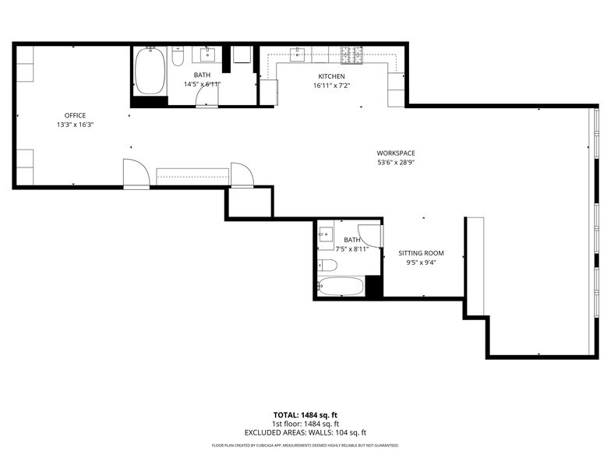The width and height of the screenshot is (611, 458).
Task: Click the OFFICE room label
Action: (x=75, y=115)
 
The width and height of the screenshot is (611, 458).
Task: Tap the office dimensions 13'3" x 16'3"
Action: (x=75, y=125)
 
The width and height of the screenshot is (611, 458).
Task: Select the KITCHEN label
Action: (x=330, y=76)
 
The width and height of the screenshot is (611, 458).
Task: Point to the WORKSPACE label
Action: (x=395, y=153)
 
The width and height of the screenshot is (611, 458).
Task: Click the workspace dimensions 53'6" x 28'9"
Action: (x=395, y=163)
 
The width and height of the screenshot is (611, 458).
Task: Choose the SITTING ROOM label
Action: (x=421, y=253)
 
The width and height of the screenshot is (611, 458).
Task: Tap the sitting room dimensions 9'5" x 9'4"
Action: (x=421, y=262)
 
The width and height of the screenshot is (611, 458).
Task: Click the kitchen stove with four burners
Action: (x=351, y=55)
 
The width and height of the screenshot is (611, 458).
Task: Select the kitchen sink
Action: (x=298, y=55)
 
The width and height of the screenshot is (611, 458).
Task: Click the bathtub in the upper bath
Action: (x=150, y=71)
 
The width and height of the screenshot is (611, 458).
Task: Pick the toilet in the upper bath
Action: (x=178, y=58)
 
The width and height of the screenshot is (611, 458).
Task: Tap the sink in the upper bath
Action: (x=208, y=55)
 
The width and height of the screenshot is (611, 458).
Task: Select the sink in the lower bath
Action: (x=326, y=234)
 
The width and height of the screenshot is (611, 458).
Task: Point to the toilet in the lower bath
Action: (x=327, y=266)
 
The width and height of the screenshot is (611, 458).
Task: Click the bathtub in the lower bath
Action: (x=341, y=286)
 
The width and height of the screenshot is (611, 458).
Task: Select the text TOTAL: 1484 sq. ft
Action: (x=305, y=414)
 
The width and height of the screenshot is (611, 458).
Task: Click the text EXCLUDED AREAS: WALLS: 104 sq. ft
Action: (x=305, y=432)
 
